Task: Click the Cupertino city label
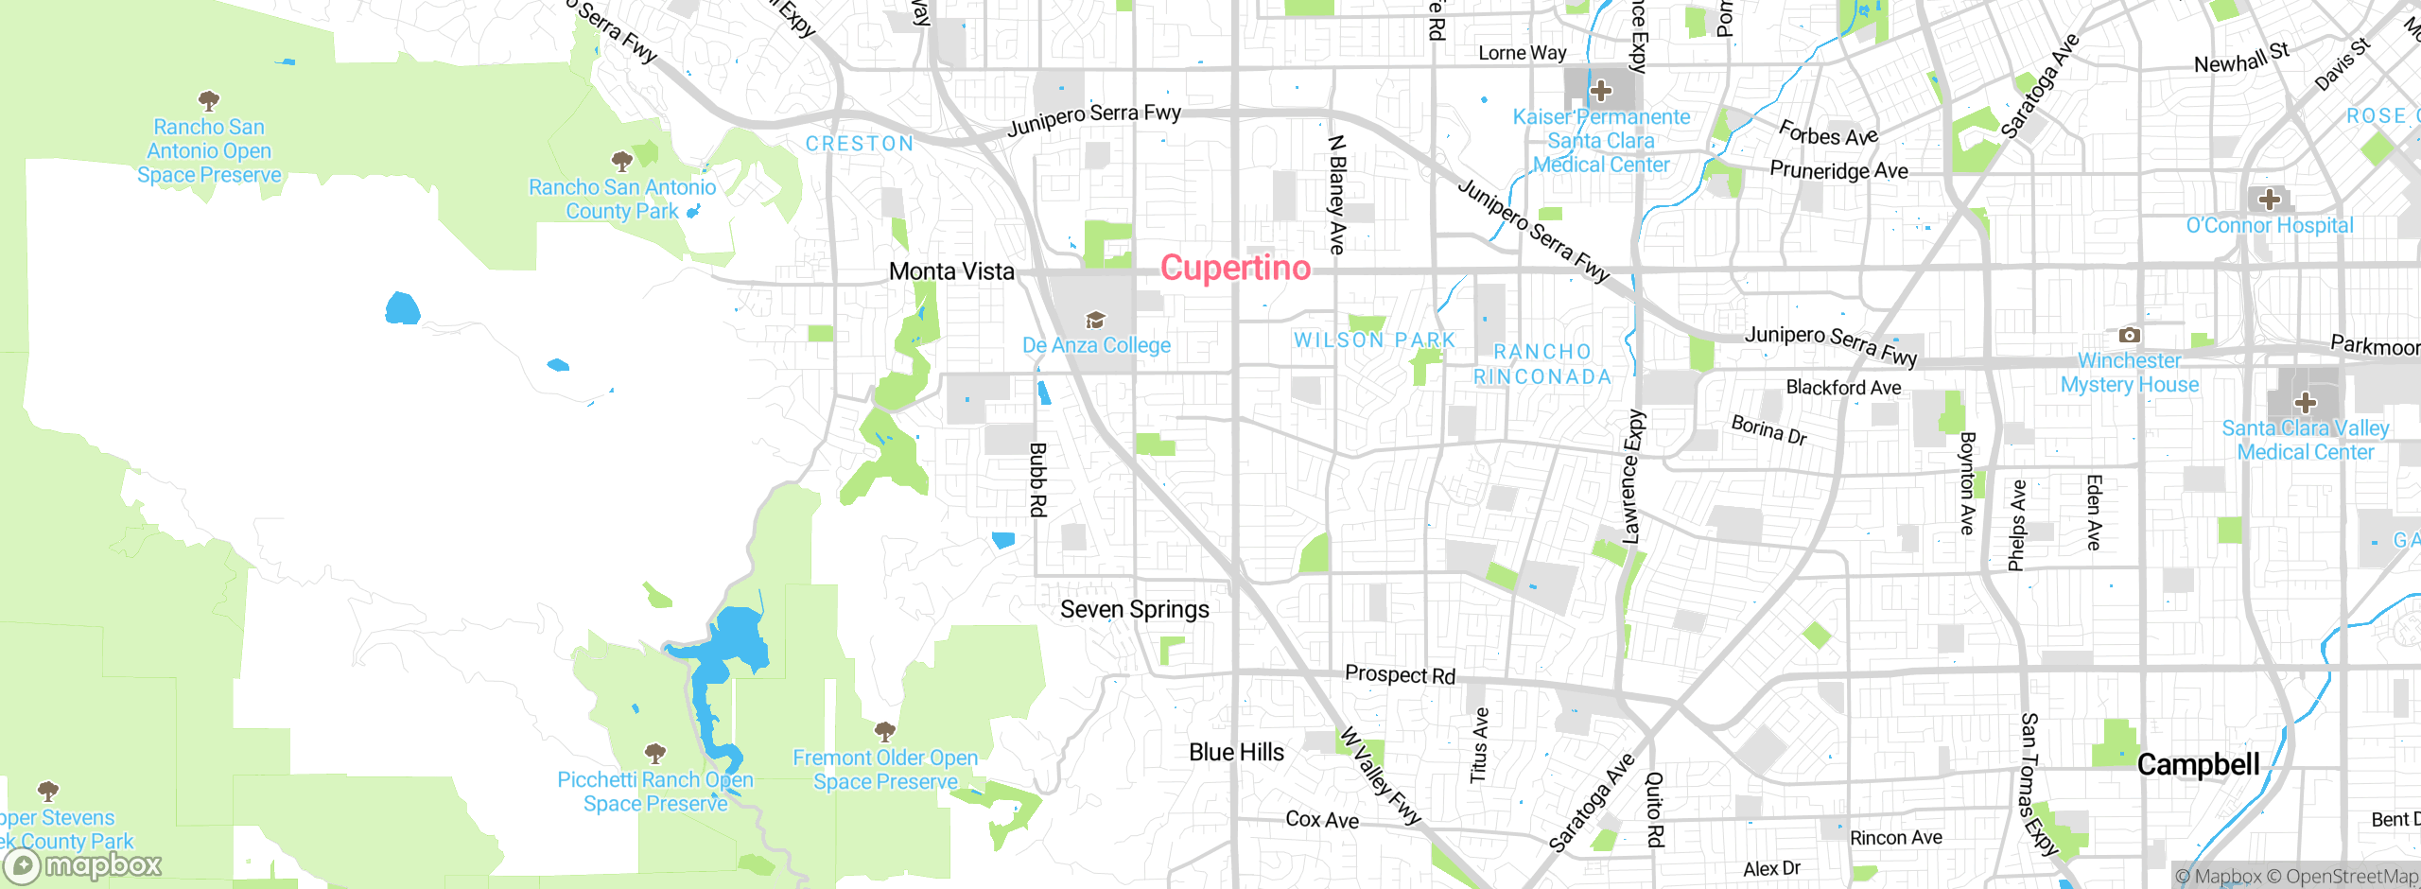tap(1235, 269)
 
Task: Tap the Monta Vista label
tap(951, 271)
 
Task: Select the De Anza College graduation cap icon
tap(1095, 321)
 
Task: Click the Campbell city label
tap(2198, 764)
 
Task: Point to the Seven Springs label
tap(1134, 610)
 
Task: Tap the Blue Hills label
tap(1236, 753)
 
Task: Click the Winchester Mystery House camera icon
tap(2129, 336)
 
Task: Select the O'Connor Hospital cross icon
tap(2269, 200)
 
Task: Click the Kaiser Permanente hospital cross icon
tap(1601, 92)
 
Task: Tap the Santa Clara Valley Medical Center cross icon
tap(2306, 403)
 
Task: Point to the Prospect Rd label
tap(1400, 674)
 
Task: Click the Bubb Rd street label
tap(1037, 479)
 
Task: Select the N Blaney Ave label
tap(1336, 194)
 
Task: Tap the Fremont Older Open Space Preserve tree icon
tap(884, 731)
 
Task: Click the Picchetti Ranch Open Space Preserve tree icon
tap(654, 754)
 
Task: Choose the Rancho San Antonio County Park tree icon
tap(621, 161)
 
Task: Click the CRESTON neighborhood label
tap(860, 144)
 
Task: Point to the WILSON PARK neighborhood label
tap(1374, 340)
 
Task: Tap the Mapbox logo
tap(83, 864)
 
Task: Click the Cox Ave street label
tap(1322, 820)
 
